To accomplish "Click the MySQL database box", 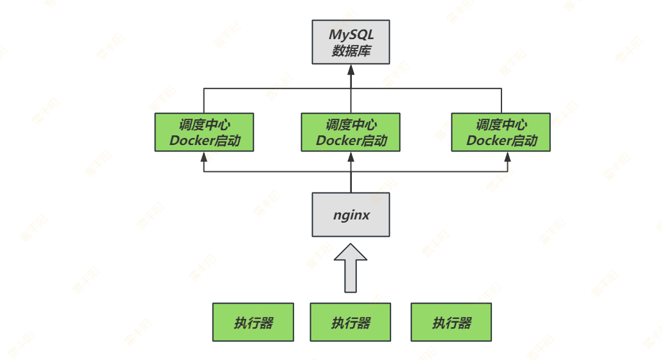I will click(351, 42).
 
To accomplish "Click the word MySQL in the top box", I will click(351, 35).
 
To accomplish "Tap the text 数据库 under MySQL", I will click(351, 51).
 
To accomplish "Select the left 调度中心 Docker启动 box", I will click(204, 132).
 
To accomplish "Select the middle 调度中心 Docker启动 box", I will click(351, 132).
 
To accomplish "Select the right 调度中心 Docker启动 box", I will click(501, 132).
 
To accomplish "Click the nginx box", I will click(351, 214).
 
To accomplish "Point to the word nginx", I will click(351, 215).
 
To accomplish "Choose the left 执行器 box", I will click(253, 322).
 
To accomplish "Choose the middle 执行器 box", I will click(351, 322).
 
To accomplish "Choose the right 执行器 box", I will click(451, 322).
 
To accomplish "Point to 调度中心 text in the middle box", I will click(351, 124).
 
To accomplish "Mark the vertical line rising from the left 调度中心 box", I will click(204, 101).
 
